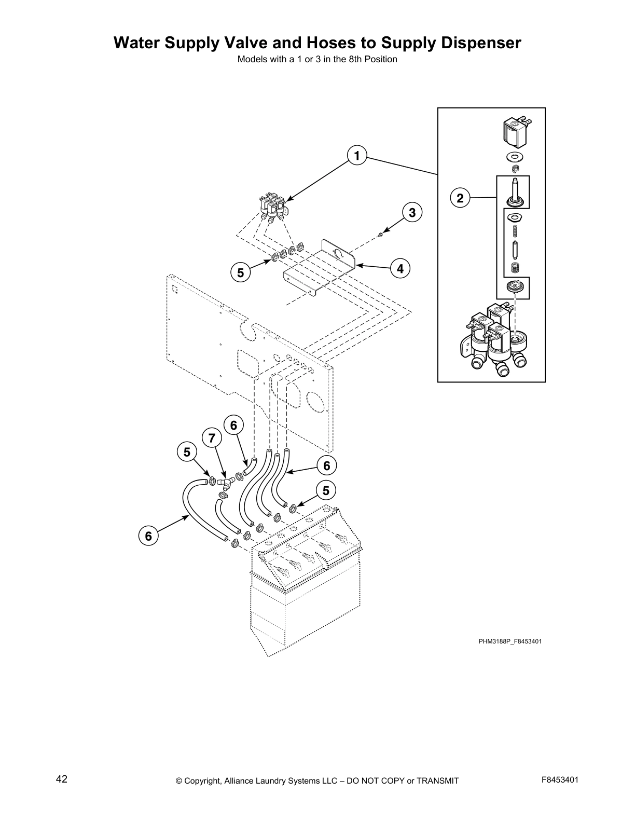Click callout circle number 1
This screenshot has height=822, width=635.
(x=357, y=156)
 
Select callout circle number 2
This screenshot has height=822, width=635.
(x=460, y=198)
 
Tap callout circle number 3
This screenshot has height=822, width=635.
(x=412, y=213)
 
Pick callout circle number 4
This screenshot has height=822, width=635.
(x=400, y=268)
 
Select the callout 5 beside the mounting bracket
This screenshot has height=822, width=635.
(x=240, y=272)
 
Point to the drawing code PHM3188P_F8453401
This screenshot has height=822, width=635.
(x=510, y=641)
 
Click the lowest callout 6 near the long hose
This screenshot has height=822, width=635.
(x=148, y=536)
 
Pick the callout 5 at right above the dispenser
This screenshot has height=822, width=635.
(x=326, y=490)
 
